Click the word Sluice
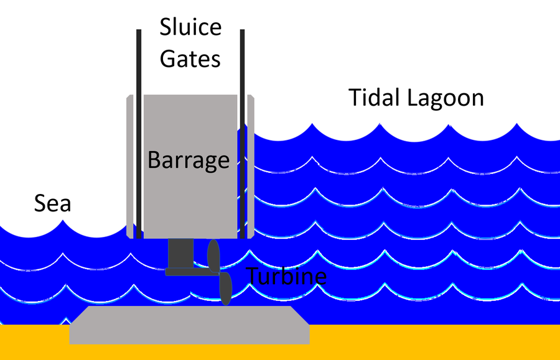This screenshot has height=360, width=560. click(x=190, y=27)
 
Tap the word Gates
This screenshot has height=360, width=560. click(x=190, y=58)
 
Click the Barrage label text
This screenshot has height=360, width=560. click(x=189, y=160)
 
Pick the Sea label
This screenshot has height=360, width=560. click(x=52, y=203)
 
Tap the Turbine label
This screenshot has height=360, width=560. click(x=287, y=275)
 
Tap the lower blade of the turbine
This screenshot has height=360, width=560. click(x=225, y=289)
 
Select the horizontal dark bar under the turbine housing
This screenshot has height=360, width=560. click(x=187, y=272)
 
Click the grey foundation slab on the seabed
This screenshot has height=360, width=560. click(x=189, y=325)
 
